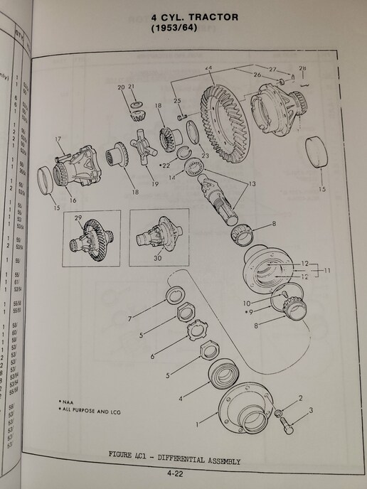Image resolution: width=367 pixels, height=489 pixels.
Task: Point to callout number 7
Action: click(129, 319)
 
